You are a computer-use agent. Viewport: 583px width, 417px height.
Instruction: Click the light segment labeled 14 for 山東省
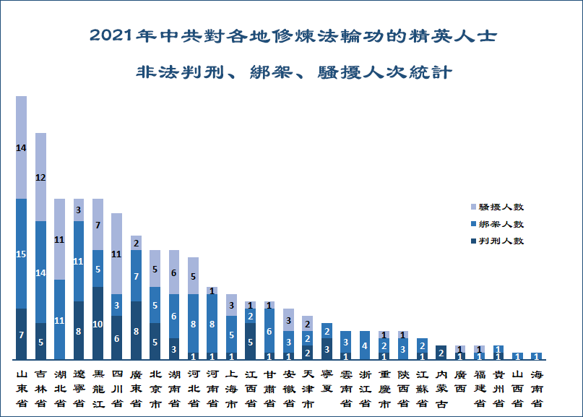[x=21, y=147]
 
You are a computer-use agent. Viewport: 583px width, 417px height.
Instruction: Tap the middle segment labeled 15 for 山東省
[x=21, y=254]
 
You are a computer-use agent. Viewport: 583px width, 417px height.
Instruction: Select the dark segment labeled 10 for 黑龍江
[x=97, y=323]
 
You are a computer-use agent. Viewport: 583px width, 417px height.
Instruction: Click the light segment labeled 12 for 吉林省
[x=40, y=177]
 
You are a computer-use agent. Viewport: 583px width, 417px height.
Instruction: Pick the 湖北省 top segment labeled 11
[x=59, y=239]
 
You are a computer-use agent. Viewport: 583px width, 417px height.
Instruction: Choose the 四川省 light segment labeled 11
[x=116, y=254]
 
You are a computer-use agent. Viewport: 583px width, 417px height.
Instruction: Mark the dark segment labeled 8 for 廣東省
[x=135, y=330]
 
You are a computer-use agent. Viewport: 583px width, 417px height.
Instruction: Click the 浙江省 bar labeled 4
[x=366, y=345]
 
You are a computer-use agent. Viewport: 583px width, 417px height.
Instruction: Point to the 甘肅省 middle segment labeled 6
[x=270, y=330]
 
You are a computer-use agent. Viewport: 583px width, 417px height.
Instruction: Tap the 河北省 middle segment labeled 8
[x=192, y=323]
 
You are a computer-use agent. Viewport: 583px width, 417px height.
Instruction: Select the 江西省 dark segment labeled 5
[x=251, y=341]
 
